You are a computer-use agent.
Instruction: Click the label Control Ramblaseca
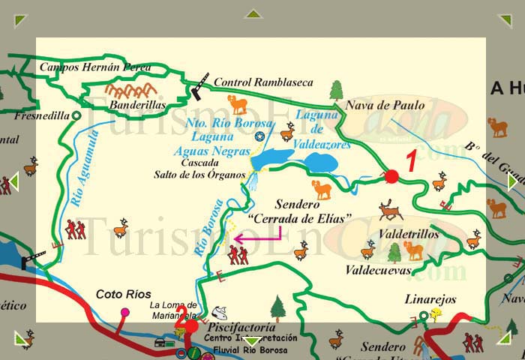[x=263, y=82]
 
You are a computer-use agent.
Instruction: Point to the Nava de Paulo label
[x=385, y=106]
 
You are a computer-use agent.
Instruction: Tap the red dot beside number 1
[x=391, y=176]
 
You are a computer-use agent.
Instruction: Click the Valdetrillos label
[x=409, y=235]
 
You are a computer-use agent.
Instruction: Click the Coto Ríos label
[x=124, y=294]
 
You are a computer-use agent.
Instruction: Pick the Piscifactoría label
[x=236, y=328]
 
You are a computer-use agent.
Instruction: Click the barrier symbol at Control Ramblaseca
[x=200, y=88]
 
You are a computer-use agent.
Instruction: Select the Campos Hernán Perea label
[x=94, y=67]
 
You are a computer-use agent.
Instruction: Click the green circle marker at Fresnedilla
[x=76, y=115]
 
